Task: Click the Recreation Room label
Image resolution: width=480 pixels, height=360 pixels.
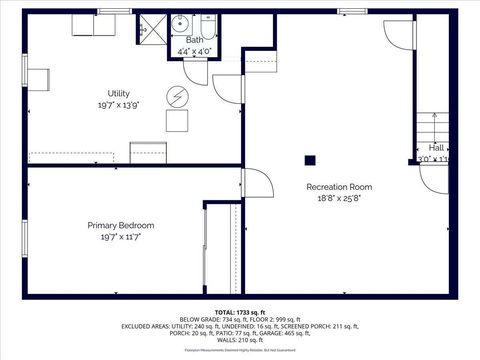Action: (339, 187)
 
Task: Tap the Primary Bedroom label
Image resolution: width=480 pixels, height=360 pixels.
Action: (120, 226)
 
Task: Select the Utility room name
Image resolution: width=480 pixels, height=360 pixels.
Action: (118, 93)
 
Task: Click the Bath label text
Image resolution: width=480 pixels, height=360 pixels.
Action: (194, 40)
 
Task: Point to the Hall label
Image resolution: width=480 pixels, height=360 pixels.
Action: (436, 147)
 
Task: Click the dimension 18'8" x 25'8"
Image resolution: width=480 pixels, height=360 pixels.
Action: (339, 198)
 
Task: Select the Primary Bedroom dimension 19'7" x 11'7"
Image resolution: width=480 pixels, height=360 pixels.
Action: (120, 237)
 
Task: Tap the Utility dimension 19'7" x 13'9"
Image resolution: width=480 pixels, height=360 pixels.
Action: (118, 104)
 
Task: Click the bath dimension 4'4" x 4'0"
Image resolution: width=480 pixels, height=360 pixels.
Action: (194, 50)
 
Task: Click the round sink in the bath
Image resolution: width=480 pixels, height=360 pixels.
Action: (181, 23)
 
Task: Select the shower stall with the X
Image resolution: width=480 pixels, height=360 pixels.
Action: (153, 28)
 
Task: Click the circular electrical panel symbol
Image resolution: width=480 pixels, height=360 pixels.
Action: (176, 96)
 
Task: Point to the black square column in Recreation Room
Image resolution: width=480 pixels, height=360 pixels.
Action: (310, 159)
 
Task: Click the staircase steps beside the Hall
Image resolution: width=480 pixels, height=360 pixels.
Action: (432, 127)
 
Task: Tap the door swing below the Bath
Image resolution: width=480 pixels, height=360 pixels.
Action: (225, 88)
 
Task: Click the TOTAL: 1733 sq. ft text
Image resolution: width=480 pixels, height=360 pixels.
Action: (239, 312)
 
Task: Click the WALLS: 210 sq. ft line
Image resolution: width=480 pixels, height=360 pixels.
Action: (239, 339)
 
